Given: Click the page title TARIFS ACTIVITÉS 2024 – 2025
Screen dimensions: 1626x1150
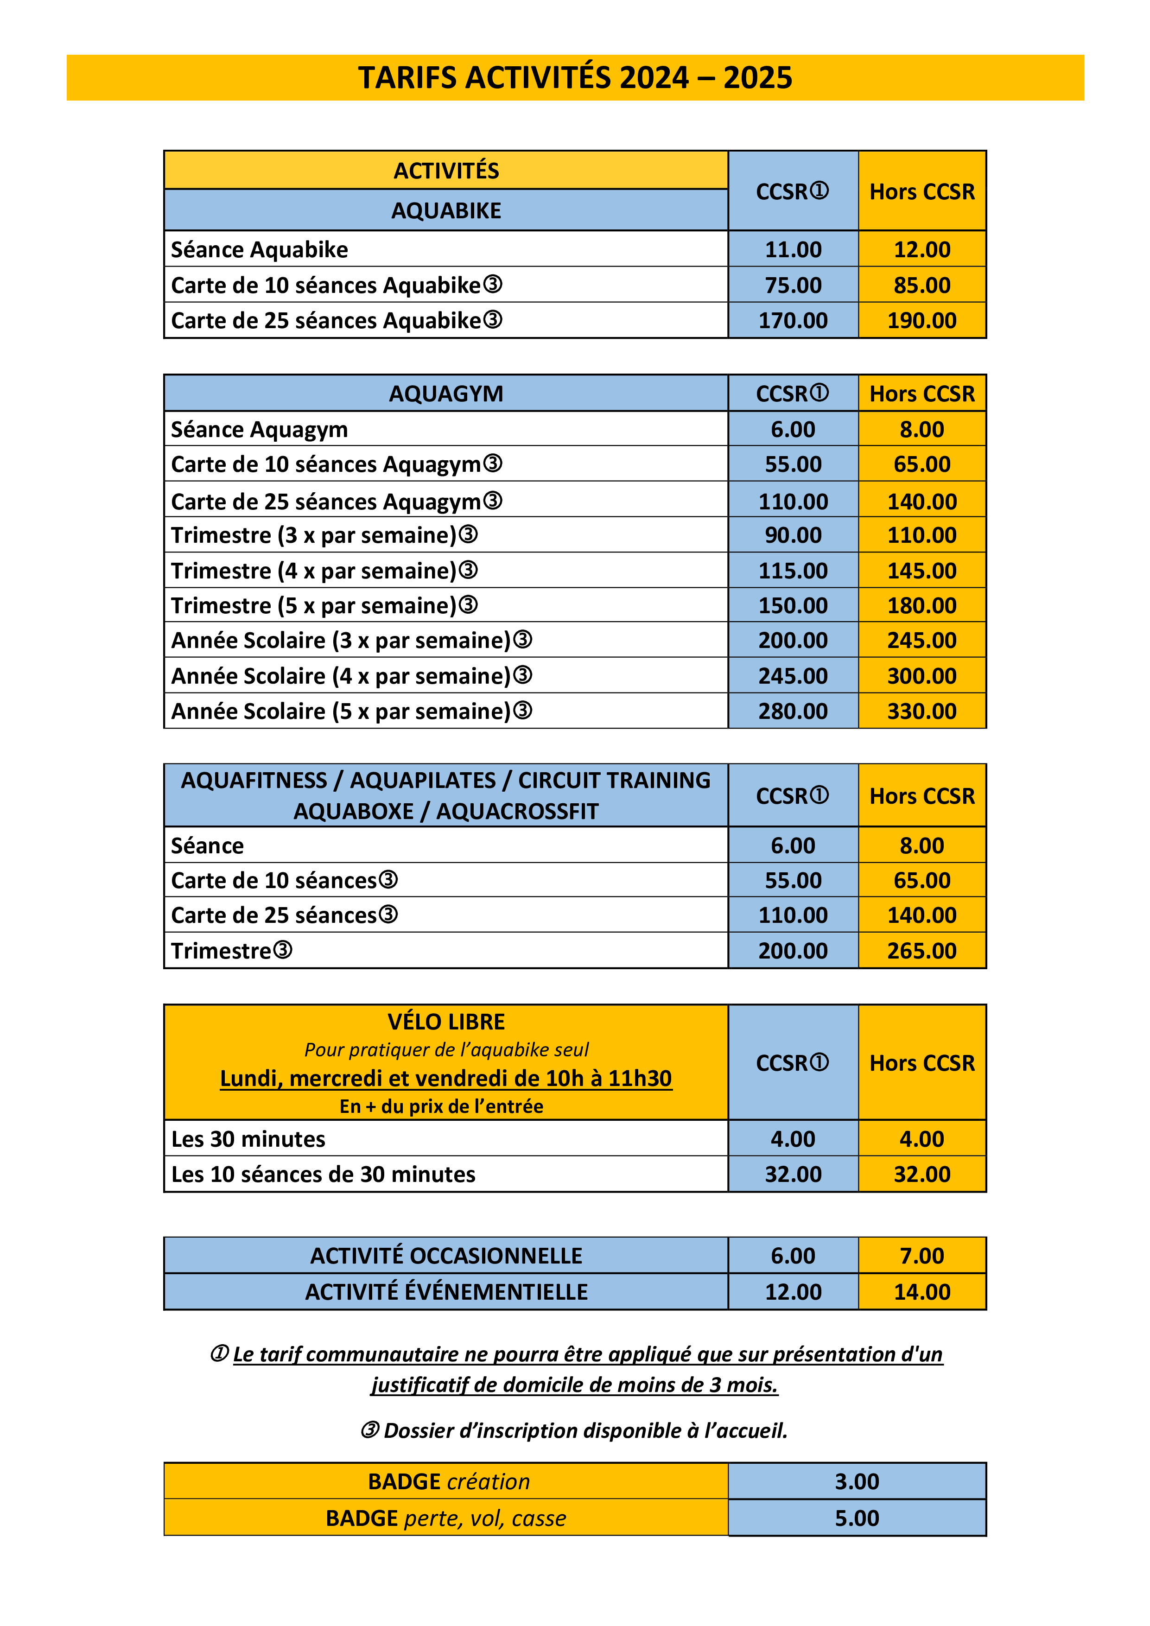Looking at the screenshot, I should [574, 78].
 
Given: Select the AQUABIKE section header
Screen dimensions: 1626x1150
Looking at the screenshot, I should [446, 210].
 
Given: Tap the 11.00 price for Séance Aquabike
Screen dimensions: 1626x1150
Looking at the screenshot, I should [793, 249].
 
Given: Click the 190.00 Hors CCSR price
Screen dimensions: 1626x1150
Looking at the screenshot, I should [922, 321].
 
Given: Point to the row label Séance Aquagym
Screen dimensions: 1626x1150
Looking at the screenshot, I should [259, 429].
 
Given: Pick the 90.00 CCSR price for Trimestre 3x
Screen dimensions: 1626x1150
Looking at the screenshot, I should [793, 535].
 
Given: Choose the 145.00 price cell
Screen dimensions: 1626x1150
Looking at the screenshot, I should [922, 571].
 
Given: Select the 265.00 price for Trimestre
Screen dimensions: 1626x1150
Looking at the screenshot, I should [922, 950].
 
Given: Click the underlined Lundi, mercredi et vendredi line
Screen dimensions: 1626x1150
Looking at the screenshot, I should [446, 1078].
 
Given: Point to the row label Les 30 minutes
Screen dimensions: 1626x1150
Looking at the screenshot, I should [248, 1139].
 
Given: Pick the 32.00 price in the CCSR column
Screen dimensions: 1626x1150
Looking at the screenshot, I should [793, 1174].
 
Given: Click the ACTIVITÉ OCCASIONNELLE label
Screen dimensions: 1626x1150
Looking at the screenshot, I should [446, 1256].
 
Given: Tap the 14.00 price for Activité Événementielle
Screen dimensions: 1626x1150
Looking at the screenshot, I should [922, 1292].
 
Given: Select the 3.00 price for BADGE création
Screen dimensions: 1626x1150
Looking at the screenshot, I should [857, 1481].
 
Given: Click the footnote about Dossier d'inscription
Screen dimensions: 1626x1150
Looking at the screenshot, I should [574, 1430].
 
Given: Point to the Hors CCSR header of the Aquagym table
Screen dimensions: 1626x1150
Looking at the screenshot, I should [922, 394].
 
